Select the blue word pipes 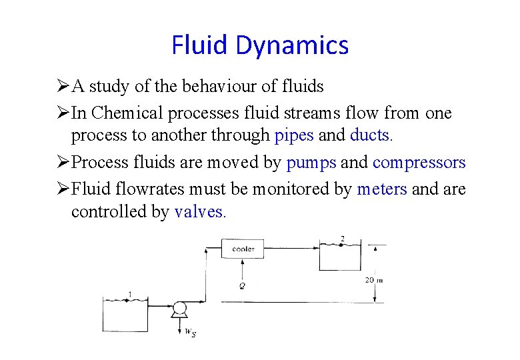tap(294, 135)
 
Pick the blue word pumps tap(311, 163)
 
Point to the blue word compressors tap(419, 163)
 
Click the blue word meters tap(382, 189)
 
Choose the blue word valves tap(201, 212)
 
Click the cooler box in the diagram tap(243, 249)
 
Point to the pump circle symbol tap(179, 308)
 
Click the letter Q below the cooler tap(242, 285)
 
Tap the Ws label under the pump tap(190, 333)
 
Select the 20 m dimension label tap(373, 280)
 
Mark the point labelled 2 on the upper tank tap(343, 239)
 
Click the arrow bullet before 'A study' tap(63, 87)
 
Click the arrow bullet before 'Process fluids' tap(63, 163)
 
